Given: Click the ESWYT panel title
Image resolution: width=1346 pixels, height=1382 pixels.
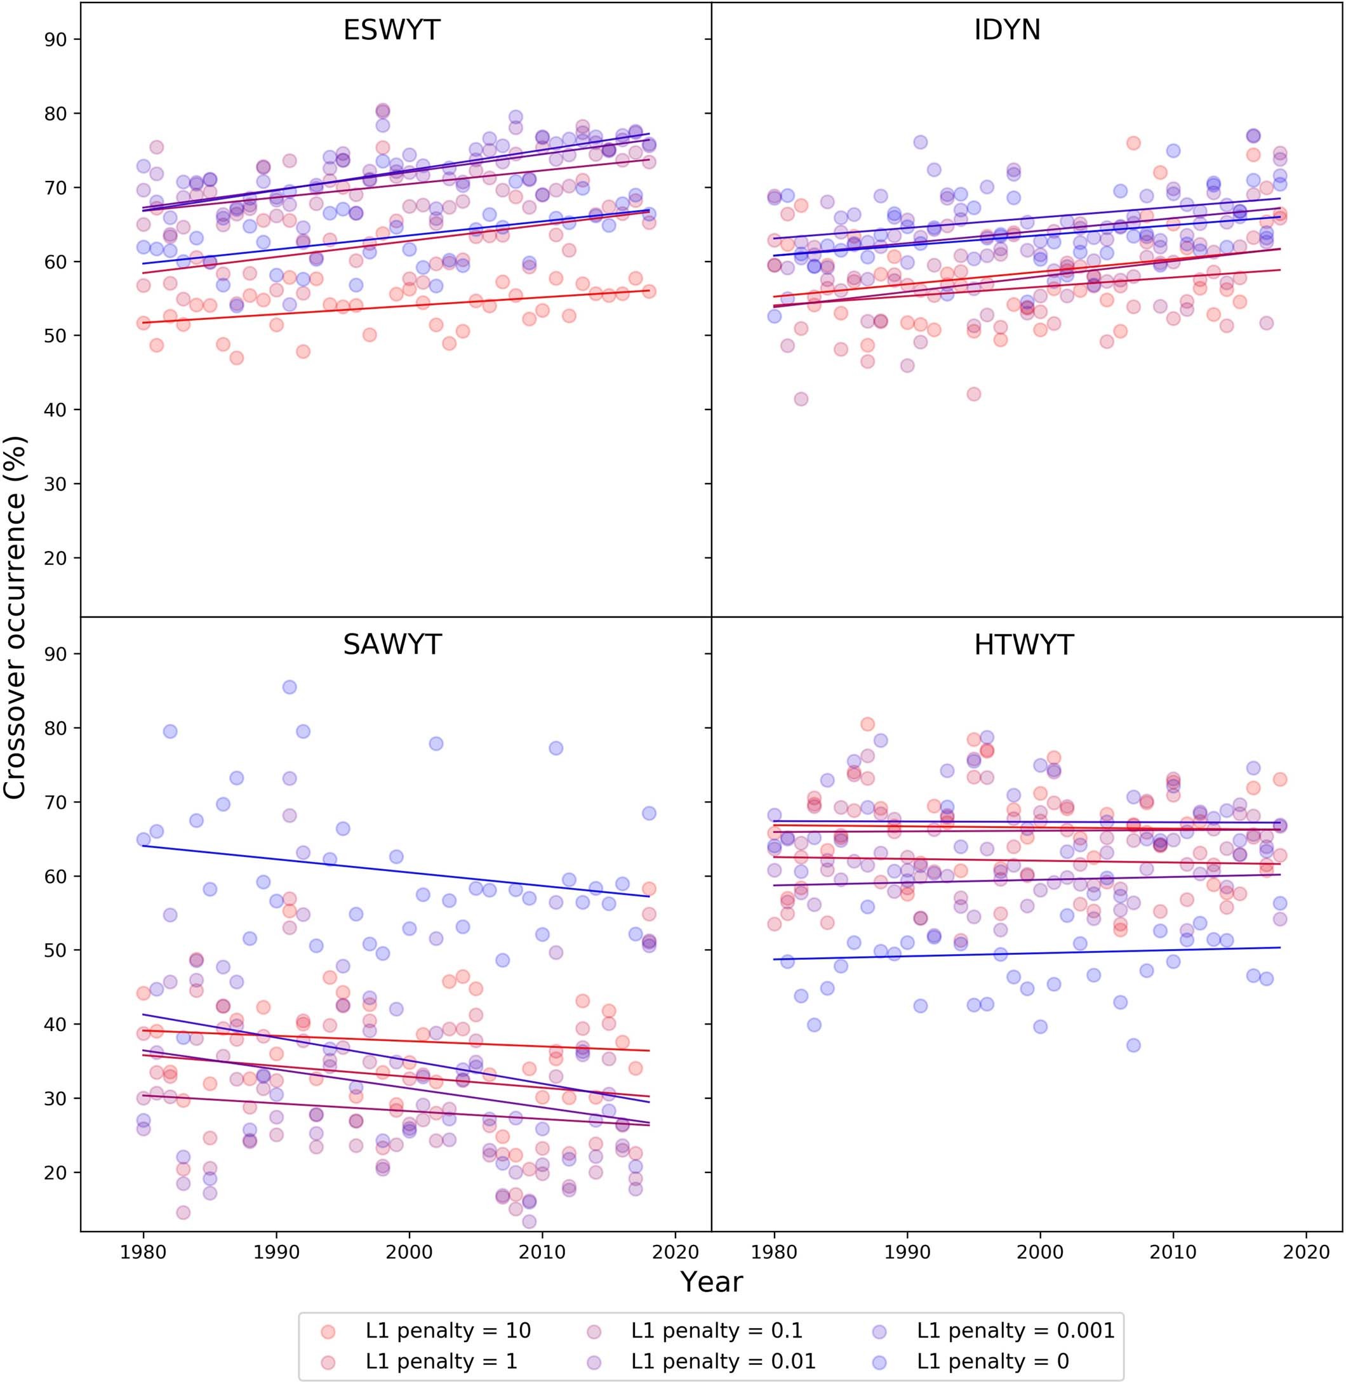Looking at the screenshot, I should click(392, 30).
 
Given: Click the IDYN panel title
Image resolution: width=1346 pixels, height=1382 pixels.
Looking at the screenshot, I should click(1007, 30).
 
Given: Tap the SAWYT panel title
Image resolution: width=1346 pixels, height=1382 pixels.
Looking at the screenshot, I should click(392, 645).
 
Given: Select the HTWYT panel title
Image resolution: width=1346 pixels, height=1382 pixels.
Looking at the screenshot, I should click(1023, 645).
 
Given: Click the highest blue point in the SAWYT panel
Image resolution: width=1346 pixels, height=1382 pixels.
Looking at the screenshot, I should click(289, 687).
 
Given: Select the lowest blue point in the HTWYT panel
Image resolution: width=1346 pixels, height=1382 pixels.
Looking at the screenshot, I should click(1133, 1045).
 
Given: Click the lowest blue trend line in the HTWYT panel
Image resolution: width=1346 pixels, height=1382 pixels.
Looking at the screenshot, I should click(1025, 953).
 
